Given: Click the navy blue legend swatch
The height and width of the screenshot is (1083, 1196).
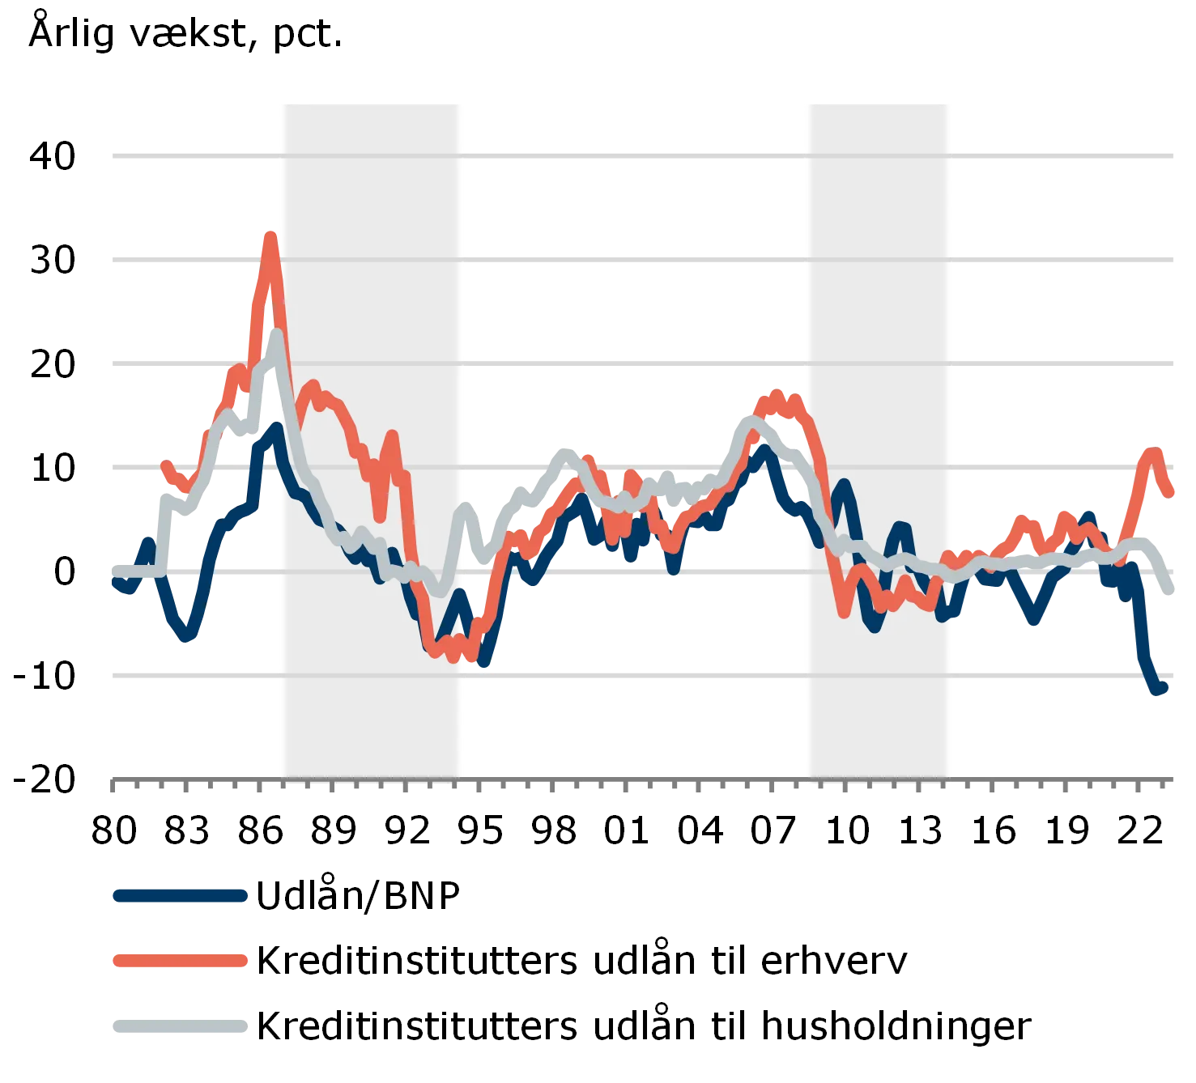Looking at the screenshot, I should (179, 896).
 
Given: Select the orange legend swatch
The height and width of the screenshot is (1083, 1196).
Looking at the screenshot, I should (179, 961).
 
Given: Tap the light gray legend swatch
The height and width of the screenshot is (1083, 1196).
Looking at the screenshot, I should (179, 1026).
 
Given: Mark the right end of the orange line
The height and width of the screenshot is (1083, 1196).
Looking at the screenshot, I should (1172, 491).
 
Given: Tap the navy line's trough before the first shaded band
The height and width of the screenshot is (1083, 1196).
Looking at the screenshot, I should (185, 636).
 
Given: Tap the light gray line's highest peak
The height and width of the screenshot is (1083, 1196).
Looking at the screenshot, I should (276, 333).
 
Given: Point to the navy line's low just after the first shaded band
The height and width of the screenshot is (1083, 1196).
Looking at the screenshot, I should (483, 664).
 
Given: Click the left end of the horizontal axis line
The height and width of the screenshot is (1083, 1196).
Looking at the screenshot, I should (112, 780).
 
